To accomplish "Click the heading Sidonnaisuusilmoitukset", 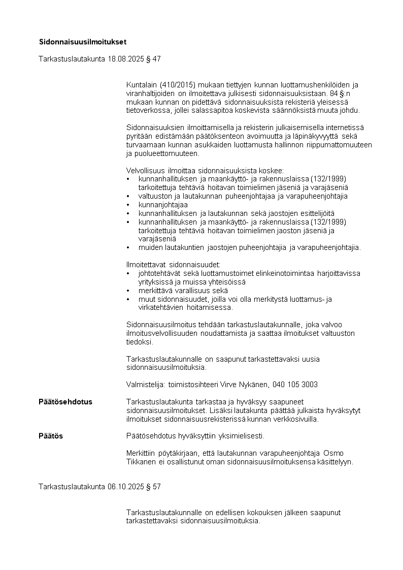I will click(83, 41).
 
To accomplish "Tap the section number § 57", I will click(153, 486).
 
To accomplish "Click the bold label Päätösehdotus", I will click(65, 402).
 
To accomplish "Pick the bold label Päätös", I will click(51, 436).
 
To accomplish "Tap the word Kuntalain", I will click(142, 84).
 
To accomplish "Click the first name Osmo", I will click(333, 453).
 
